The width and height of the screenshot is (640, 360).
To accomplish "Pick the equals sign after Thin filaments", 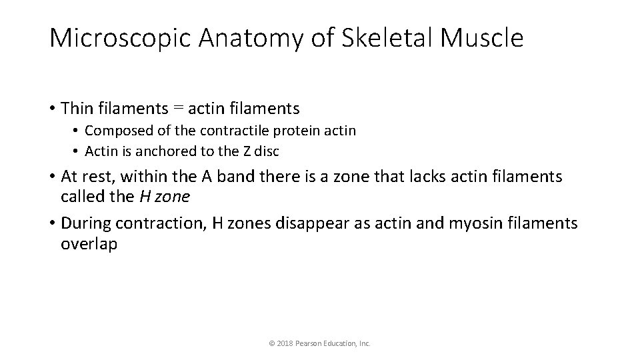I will [x=178, y=108].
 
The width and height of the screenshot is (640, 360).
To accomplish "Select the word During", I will [x=85, y=223].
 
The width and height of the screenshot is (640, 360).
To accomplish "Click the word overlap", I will [x=89, y=243].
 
